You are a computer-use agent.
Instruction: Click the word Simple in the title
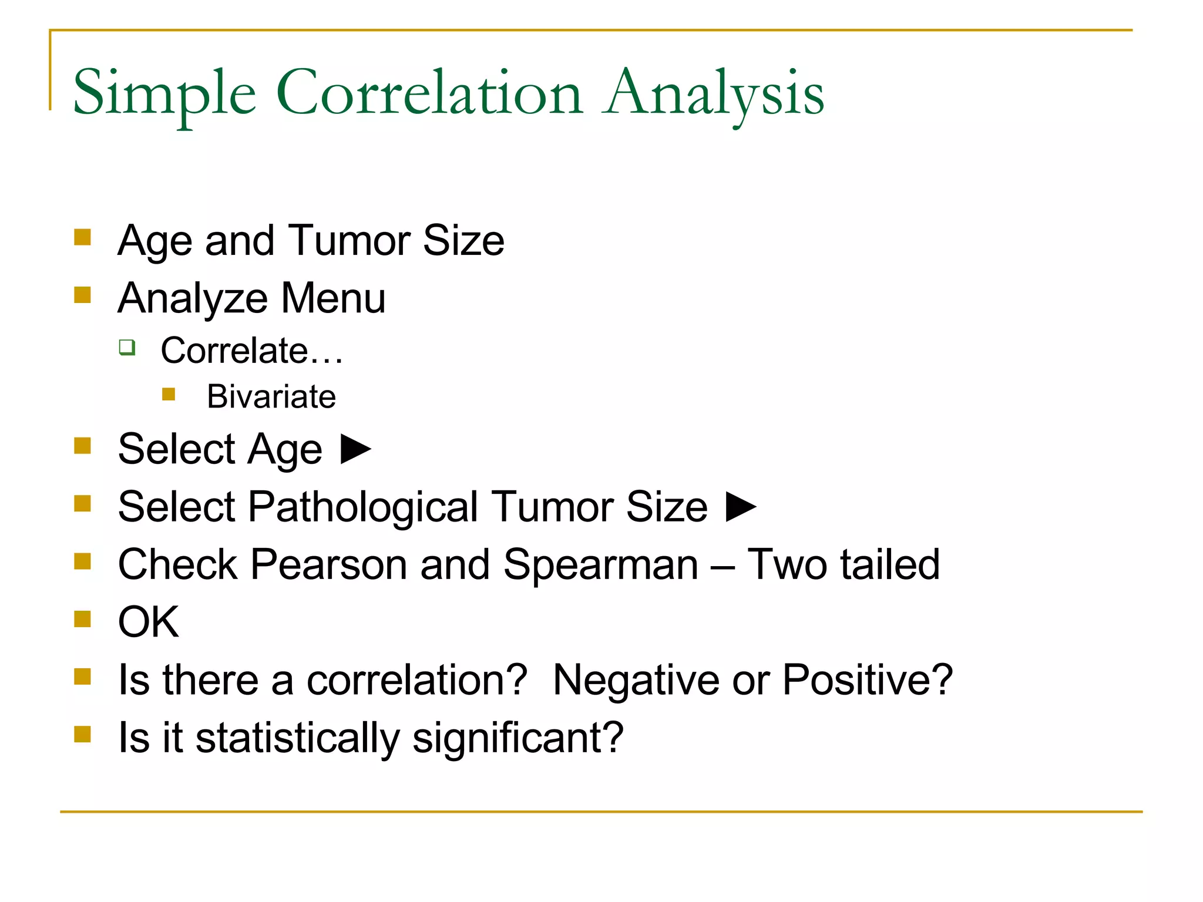[164, 94]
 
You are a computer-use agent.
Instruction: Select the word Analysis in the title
[714, 94]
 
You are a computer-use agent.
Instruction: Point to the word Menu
[333, 298]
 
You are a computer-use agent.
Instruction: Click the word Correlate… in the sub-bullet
[251, 351]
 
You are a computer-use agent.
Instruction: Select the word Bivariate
[271, 396]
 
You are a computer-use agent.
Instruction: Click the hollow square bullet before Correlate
[127, 347]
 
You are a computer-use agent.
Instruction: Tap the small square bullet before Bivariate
[169, 394]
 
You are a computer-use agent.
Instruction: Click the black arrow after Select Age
[356, 449]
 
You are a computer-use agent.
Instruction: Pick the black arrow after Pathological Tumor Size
[741, 506]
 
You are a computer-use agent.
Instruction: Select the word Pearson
[328, 565]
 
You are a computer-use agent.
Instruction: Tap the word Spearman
[600, 565]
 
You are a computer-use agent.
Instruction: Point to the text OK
[148, 622]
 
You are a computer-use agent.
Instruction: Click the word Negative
[636, 680]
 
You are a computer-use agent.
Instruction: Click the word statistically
[297, 738]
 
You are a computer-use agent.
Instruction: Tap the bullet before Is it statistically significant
[82, 735]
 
